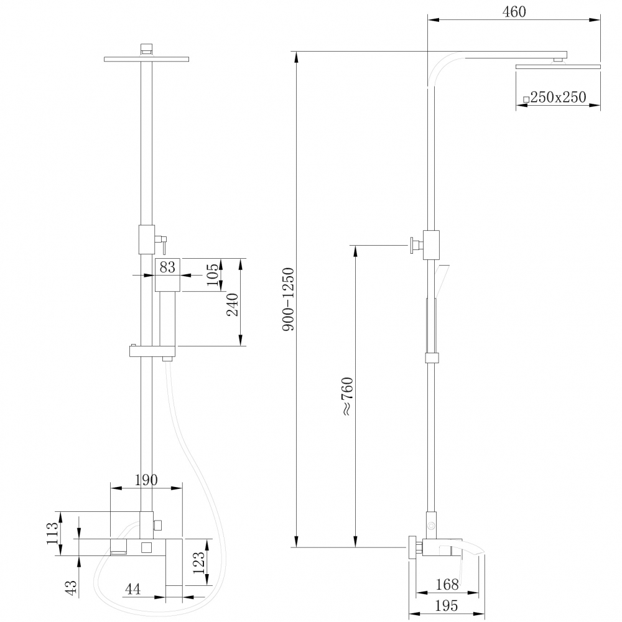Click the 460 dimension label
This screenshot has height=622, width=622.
tap(514, 11)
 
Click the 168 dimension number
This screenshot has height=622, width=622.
tap(447, 584)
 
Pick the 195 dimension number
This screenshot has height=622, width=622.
tap(446, 605)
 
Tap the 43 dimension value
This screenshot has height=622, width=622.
tap(70, 586)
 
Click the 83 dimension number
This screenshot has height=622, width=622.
tap(167, 267)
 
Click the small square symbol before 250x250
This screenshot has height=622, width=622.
tap(526, 99)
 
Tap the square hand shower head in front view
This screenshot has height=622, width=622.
tap(167, 274)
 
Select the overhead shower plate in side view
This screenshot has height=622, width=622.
tap(557, 66)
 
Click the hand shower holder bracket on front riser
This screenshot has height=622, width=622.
tap(152, 351)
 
